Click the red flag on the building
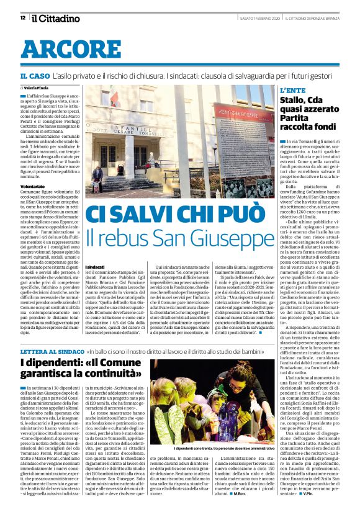(x=114, y=99)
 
